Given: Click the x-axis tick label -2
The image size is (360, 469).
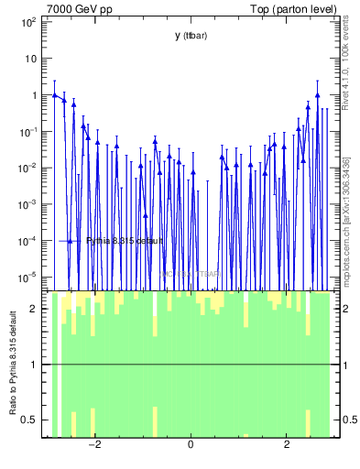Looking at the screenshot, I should coord(93,446).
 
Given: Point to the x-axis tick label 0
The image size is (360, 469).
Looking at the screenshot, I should coord(191,446).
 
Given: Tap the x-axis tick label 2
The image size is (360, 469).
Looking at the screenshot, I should coord(287,446).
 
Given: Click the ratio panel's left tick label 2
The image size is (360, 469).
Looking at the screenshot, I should coord(34,309).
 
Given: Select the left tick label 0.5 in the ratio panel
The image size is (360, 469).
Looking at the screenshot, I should coord(29,420).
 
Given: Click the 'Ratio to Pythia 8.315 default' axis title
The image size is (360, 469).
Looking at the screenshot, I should coord(13,365).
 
